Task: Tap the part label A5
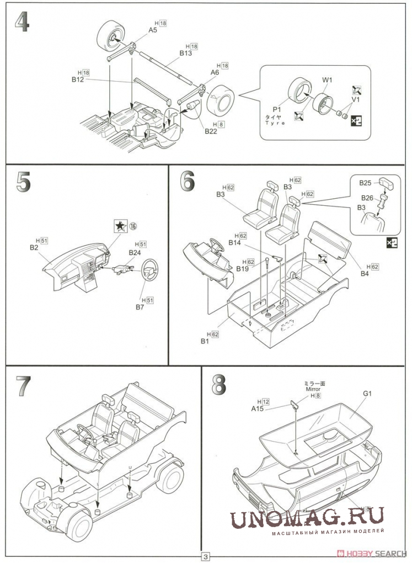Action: tap(153, 30)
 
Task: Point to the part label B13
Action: tap(185, 54)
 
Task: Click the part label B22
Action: tap(211, 131)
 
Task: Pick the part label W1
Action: tap(327, 80)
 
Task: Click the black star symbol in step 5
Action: tap(119, 226)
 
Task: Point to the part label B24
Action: tap(135, 252)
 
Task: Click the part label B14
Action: tap(234, 242)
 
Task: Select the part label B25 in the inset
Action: tap(366, 182)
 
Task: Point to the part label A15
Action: tap(257, 408)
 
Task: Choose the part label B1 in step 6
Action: tap(205, 341)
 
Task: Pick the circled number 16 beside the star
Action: tap(133, 226)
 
